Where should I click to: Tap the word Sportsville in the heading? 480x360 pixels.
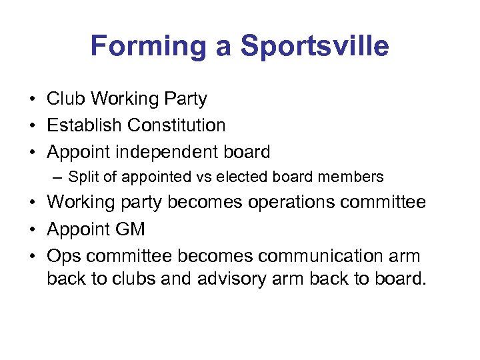(x=315, y=47)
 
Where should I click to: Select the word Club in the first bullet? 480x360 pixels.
(x=66, y=99)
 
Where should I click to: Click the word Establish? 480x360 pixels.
(x=85, y=125)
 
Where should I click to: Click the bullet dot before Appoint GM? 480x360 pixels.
(x=32, y=229)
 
